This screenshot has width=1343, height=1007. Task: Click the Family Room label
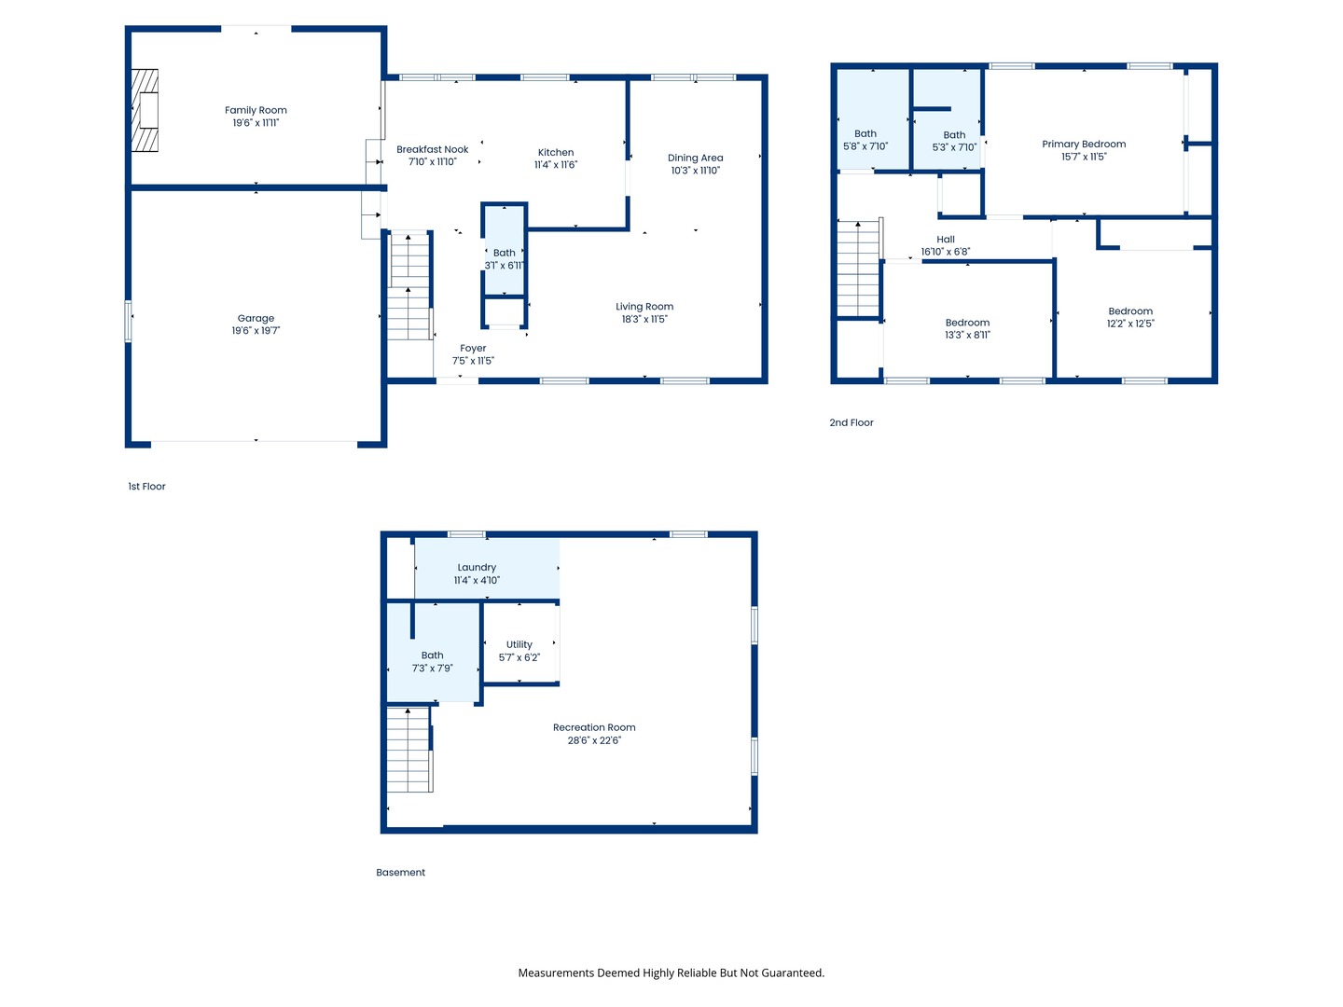pos(256,110)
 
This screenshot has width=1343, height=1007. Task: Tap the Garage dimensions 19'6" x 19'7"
pos(256,331)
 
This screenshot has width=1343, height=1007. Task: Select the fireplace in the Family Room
pos(145,110)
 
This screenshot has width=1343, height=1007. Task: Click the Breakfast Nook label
pos(432,149)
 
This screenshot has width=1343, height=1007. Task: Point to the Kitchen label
pos(556,152)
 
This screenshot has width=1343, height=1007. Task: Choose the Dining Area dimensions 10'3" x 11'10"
pos(695,171)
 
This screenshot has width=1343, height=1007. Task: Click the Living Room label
pos(644,307)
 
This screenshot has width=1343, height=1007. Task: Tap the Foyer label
pos(473,349)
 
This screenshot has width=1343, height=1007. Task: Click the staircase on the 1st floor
pos(408,285)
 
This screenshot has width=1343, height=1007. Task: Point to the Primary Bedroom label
pos(1084,145)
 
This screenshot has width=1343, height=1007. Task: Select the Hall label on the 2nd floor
pos(946,240)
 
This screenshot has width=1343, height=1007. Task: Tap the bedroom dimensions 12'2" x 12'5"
pos(1130,324)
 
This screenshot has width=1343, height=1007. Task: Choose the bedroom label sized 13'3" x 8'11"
pos(967,323)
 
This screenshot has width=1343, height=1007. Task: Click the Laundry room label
pos(477,568)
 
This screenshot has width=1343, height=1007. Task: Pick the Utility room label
pos(519,644)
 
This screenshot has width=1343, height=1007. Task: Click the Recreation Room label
pos(594,728)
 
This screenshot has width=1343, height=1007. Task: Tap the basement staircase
pos(408,750)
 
